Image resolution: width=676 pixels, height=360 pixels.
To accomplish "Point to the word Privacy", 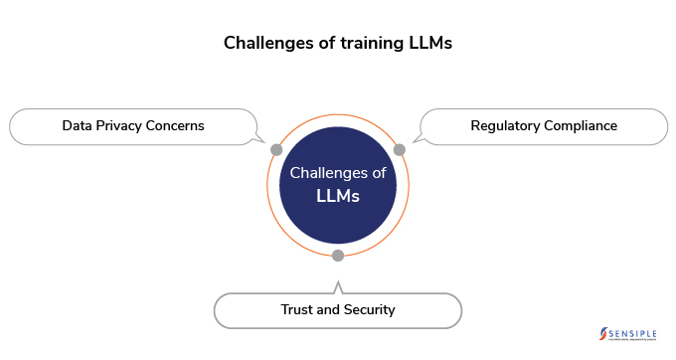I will click(x=120, y=126).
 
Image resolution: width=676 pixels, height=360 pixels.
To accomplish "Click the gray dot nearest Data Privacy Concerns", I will click(x=276, y=149).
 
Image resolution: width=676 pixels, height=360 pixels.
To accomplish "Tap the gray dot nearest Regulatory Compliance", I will click(x=400, y=149).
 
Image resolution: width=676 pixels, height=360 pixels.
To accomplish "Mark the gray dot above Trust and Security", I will click(x=338, y=256).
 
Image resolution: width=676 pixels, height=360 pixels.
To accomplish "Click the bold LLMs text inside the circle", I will click(x=338, y=196).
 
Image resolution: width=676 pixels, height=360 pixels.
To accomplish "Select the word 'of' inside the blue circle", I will click(x=379, y=173).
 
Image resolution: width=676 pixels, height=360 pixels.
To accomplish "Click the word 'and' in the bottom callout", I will click(x=331, y=309).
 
